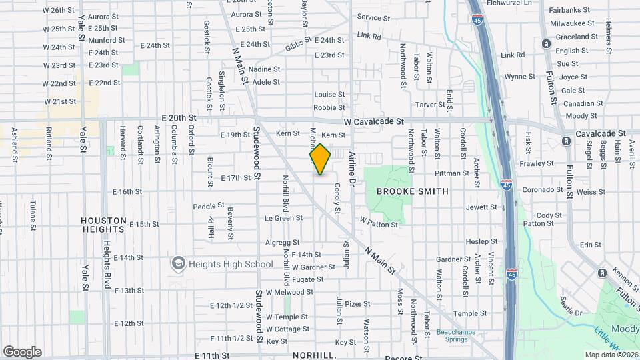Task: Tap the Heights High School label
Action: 231,264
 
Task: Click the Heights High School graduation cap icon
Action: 178,264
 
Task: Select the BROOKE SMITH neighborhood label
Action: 412,191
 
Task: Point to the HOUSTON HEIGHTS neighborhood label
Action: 103,224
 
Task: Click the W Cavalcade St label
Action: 374,122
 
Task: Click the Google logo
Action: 22,352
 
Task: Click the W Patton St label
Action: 379,221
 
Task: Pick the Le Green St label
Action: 283,218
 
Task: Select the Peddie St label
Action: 209,206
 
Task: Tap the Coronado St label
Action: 543,190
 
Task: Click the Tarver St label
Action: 429,105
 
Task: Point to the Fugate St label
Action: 307,279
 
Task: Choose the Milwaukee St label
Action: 572,23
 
